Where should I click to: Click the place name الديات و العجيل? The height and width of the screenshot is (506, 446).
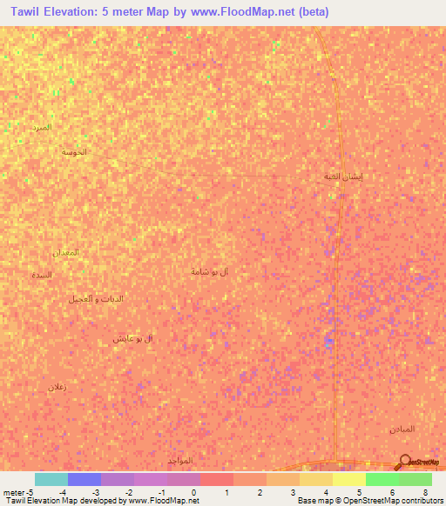click(96, 298)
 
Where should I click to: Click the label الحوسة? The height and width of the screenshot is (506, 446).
click(74, 152)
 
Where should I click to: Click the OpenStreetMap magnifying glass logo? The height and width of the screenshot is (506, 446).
click(403, 462)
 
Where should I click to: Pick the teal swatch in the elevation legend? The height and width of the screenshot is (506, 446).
click(51, 479)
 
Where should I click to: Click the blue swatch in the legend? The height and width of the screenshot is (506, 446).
click(84, 479)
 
